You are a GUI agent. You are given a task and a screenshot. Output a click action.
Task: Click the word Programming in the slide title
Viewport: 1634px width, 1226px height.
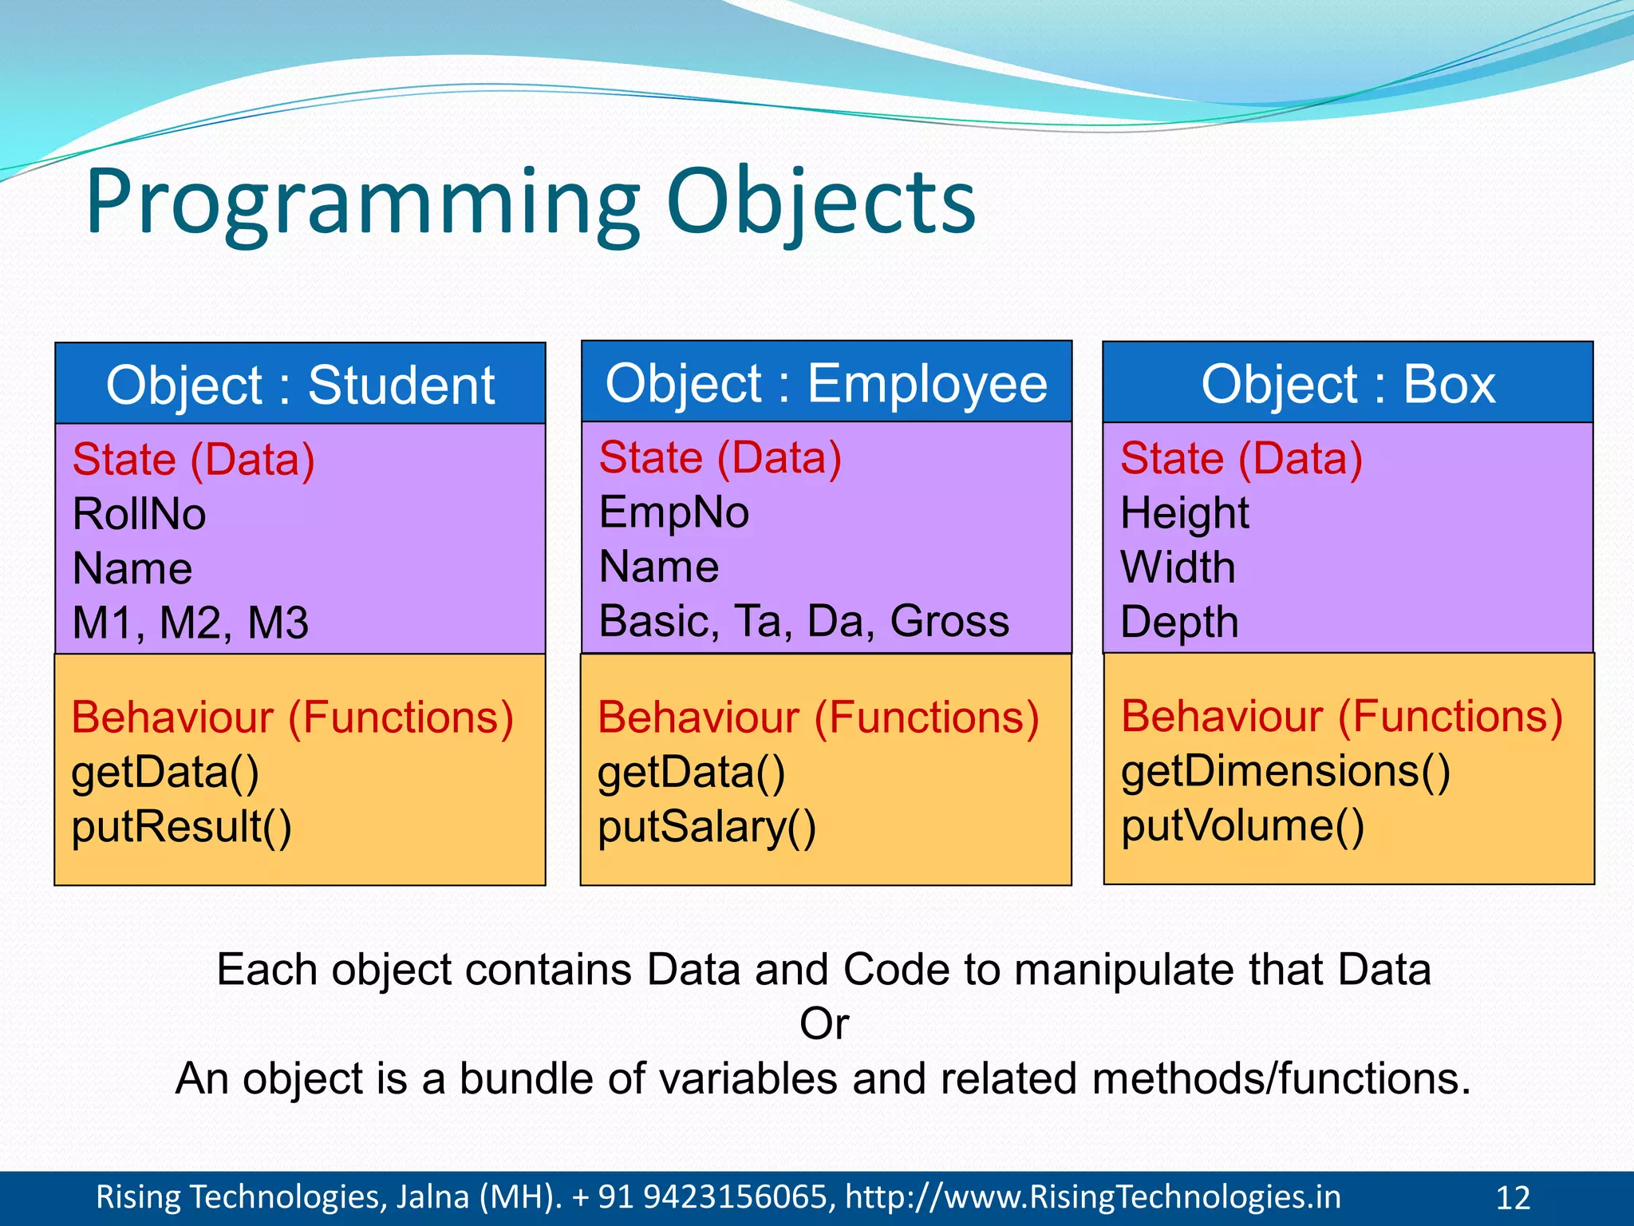(363, 204)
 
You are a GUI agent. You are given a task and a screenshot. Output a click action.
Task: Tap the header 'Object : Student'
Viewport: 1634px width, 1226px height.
(300, 386)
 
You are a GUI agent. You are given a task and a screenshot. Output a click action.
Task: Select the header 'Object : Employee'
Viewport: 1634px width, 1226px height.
(826, 384)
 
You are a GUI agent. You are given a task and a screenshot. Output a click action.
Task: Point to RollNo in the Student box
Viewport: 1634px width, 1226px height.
(139, 514)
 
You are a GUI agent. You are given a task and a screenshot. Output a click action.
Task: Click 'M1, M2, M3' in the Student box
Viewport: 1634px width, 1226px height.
(190, 623)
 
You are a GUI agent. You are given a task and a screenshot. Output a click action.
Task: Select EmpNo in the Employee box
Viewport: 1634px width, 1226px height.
(674, 512)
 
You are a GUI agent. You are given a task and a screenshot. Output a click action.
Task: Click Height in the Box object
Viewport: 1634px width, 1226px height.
(1184, 513)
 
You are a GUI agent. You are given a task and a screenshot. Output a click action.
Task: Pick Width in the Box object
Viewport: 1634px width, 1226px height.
(1178, 568)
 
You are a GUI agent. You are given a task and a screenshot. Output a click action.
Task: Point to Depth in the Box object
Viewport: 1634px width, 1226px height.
(1179, 622)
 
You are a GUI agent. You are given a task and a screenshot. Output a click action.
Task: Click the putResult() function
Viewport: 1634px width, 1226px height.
(181, 827)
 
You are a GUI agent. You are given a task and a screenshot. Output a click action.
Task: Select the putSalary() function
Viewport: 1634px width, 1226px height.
(707, 827)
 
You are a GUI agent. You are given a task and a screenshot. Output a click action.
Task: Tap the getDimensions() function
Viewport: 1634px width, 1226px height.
(1285, 772)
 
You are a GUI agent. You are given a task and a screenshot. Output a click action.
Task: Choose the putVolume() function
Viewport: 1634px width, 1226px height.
(1242, 826)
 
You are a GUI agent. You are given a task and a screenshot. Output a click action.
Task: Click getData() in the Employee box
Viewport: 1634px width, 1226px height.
(691, 773)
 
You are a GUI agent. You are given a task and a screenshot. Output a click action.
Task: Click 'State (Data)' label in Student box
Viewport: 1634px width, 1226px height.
(193, 460)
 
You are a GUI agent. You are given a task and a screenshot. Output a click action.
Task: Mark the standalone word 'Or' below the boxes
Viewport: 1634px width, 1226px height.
(824, 1024)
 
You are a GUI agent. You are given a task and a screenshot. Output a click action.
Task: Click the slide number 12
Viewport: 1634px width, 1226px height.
(1512, 1198)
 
